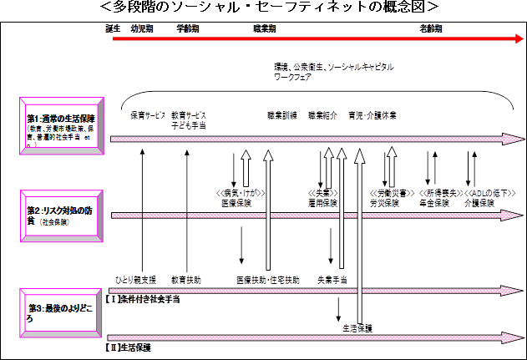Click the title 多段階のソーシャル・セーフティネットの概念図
(x=264, y=7)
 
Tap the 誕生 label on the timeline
(x=114, y=28)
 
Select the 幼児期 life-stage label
(x=142, y=28)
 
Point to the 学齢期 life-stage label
(x=188, y=28)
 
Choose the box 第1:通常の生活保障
(x=62, y=126)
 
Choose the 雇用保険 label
(x=322, y=203)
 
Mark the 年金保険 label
(x=432, y=203)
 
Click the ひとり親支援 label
(x=135, y=279)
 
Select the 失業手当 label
(x=332, y=279)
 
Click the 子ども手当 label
(x=189, y=124)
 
